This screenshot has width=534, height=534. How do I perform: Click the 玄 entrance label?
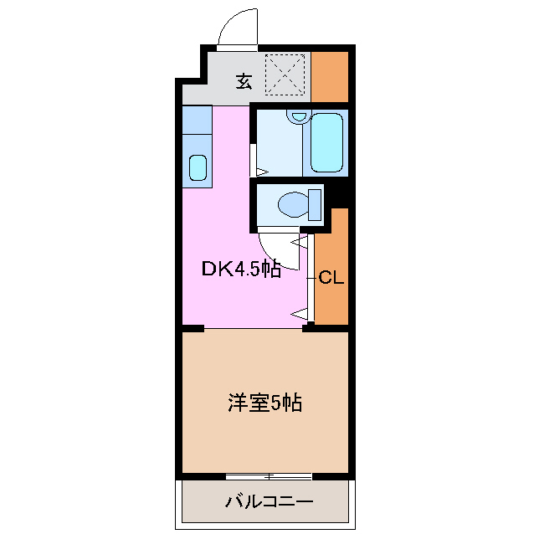[x=244, y=81]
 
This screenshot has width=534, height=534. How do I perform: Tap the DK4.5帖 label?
[x=241, y=270]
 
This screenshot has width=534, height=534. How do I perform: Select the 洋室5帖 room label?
[x=265, y=403]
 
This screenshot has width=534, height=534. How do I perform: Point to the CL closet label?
[x=331, y=278]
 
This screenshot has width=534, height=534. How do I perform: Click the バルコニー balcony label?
[x=269, y=501]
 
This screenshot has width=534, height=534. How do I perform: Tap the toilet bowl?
[x=294, y=205]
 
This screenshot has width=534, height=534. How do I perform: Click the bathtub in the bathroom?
[x=326, y=142]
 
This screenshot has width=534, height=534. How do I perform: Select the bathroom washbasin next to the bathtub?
[x=299, y=116]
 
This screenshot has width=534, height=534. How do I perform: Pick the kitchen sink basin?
[x=198, y=167]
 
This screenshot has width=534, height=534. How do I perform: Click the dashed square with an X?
[x=285, y=74]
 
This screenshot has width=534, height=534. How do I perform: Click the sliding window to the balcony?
[x=269, y=476]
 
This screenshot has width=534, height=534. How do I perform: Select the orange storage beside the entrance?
[x=330, y=77]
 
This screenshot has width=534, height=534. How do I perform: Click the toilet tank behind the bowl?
[x=315, y=205]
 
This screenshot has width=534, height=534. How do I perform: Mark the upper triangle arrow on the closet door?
[x=300, y=242]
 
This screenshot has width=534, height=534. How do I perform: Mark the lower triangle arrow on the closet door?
[x=300, y=313]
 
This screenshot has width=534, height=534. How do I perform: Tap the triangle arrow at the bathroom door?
[x=262, y=172]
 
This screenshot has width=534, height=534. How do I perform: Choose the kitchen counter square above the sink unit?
[x=198, y=120]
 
